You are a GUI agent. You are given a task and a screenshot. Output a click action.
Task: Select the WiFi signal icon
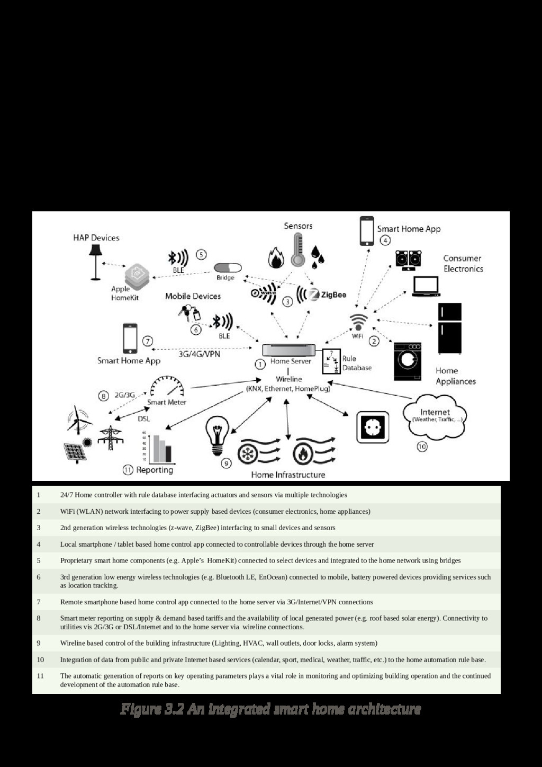(359, 322)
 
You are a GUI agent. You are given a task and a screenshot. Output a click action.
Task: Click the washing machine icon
(408, 361)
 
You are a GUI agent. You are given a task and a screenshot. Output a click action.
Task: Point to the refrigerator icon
(449, 328)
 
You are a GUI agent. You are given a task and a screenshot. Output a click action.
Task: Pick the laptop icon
(426, 286)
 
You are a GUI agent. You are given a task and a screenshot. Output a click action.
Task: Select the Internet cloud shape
(435, 416)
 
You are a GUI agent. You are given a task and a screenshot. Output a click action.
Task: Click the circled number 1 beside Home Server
(260, 364)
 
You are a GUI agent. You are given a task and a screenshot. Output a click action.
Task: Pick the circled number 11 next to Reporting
(128, 470)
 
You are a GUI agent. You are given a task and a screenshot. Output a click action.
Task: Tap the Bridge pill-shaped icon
(227, 268)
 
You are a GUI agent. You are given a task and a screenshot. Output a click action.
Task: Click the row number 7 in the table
(39, 602)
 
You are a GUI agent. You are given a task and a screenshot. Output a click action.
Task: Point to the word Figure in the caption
(139, 709)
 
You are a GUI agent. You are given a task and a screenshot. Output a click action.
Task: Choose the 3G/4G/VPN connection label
(199, 354)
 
